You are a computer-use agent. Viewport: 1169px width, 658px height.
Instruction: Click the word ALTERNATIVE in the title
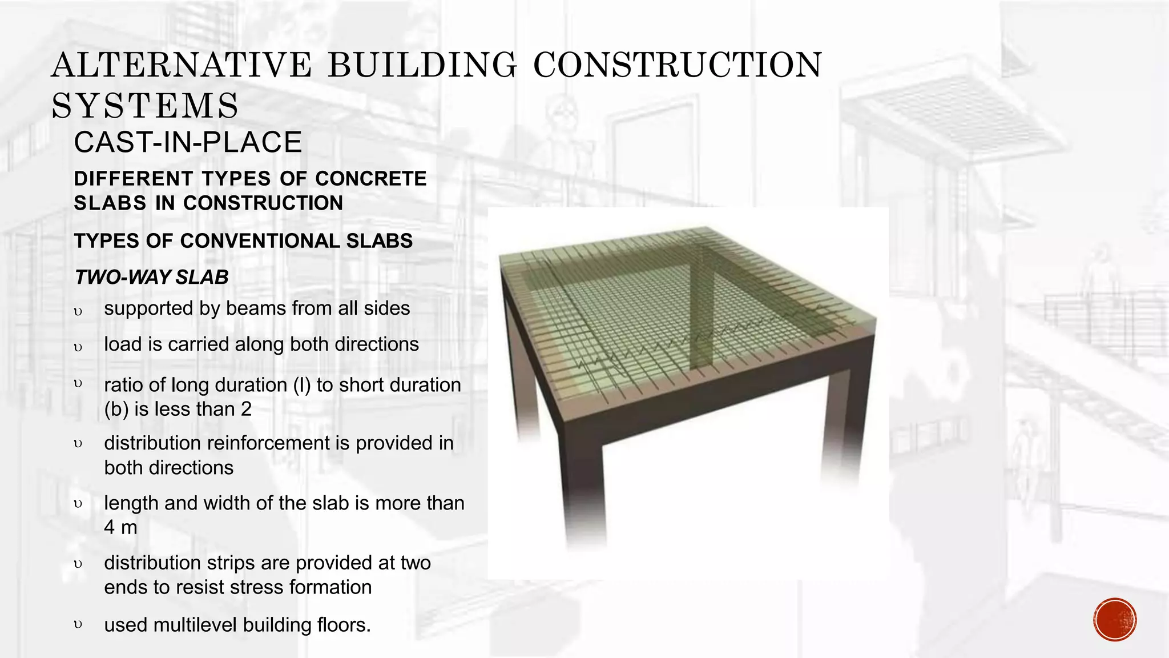point(182,65)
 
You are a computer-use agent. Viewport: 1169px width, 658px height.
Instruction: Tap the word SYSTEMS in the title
point(145,106)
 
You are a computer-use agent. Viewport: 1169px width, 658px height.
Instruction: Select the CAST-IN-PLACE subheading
point(188,142)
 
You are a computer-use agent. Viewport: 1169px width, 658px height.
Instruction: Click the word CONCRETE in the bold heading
point(371,179)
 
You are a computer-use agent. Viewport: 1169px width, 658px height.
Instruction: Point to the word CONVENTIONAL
point(261,241)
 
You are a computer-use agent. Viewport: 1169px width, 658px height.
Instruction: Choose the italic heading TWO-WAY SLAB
point(151,278)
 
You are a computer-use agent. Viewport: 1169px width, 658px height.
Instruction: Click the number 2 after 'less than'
point(246,410)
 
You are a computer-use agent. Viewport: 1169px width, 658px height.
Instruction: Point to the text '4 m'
point(120,527)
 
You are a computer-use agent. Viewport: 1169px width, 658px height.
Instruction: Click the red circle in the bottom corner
point(1115,620)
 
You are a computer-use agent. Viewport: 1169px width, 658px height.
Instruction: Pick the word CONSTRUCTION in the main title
point(677,65)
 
